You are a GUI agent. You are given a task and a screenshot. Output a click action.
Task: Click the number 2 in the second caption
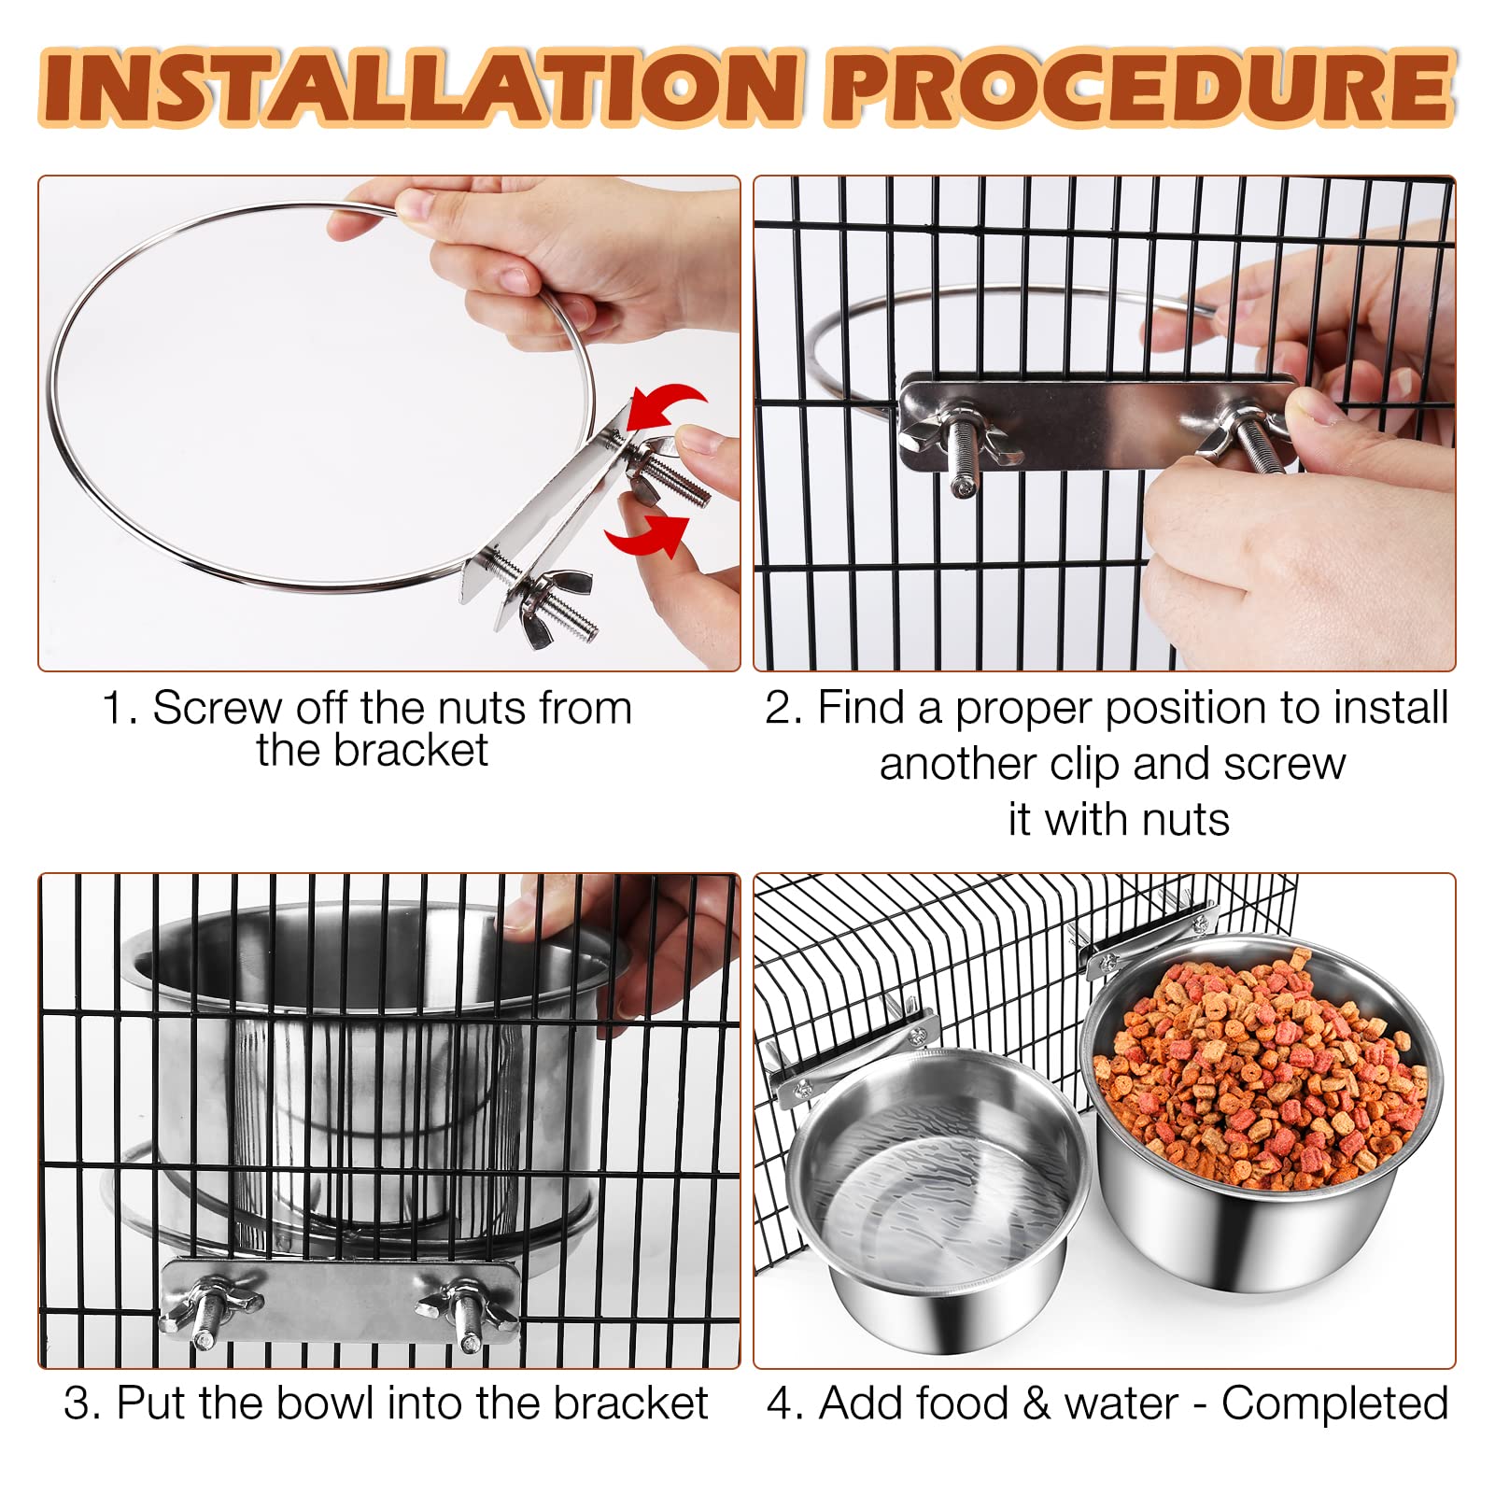(776, 708)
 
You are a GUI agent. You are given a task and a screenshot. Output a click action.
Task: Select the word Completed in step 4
(1334, 1403)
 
